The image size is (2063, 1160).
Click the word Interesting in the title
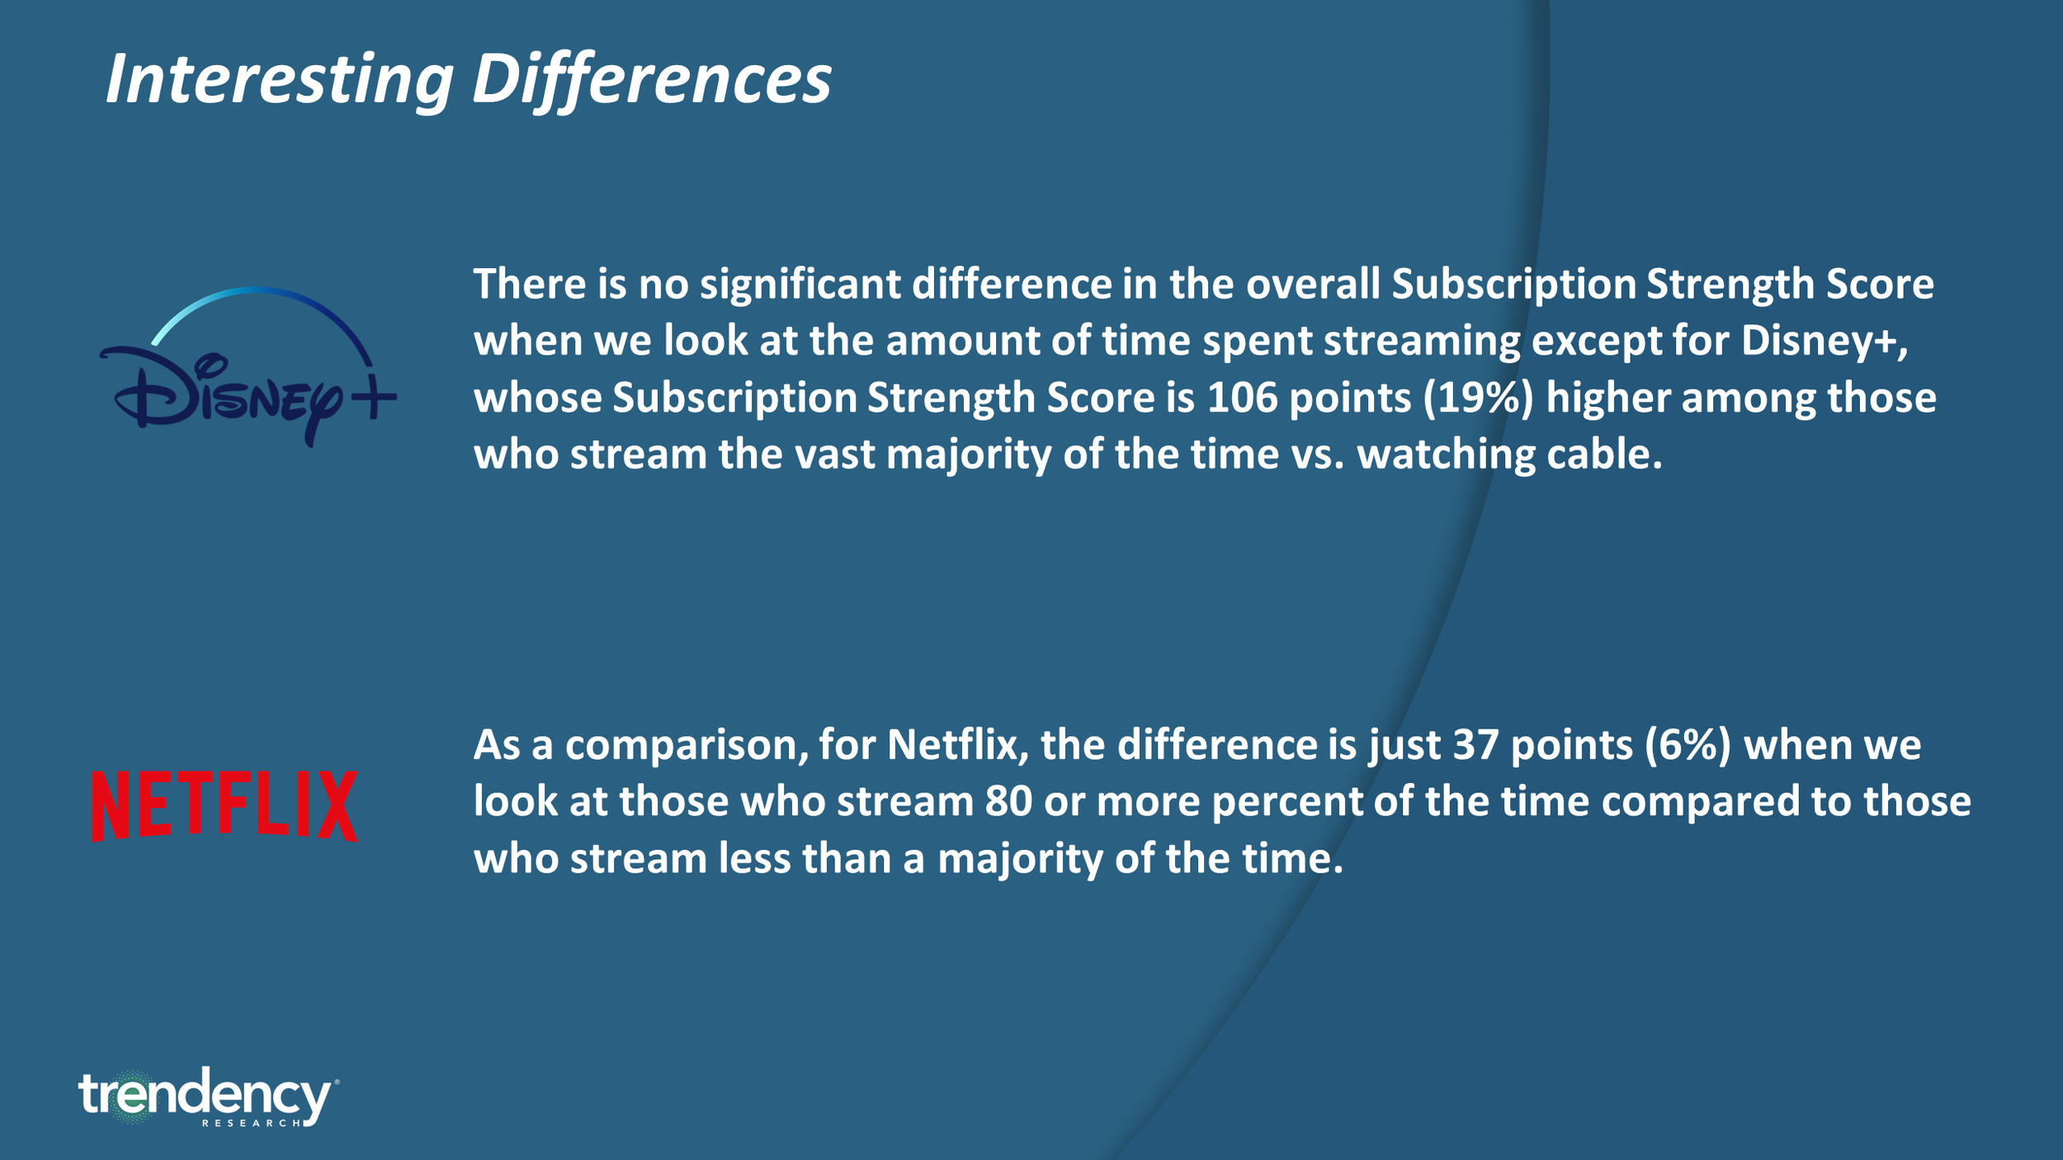coord(279,80)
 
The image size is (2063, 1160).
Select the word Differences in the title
coord(651,80)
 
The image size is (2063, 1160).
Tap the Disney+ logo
coord(248,371)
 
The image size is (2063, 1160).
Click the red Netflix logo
coord(224,806)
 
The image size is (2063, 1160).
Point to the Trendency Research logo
coord(206,1098)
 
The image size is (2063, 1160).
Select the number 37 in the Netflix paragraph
coord(1475,745)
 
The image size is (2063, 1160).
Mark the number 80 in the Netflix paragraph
coord(1008,802)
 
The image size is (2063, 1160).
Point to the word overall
coord(1313,285)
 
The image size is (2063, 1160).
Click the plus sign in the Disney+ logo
coord(373,398)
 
